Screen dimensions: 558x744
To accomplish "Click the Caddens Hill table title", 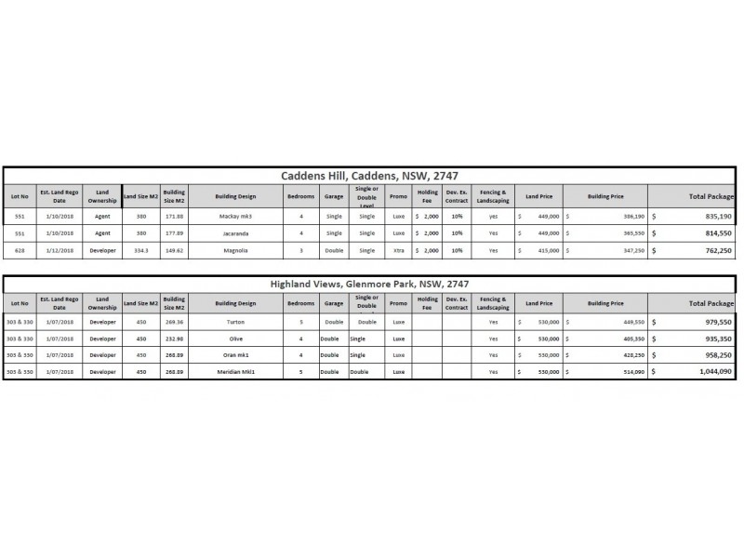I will point(370,175).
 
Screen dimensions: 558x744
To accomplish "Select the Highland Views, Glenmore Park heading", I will point(370,284).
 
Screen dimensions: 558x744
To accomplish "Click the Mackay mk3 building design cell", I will point(234,215).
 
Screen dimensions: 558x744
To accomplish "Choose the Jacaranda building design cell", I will point(234,232).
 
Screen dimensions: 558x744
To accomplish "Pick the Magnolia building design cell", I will point(234,250).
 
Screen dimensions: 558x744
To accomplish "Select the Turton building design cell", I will point(234,322).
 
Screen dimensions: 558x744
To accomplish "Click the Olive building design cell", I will point(234,339).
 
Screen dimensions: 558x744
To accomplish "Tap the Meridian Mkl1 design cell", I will point(234,371).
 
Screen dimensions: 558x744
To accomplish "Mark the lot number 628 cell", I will point(20,250).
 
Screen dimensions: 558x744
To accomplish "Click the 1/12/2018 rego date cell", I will point(60,250).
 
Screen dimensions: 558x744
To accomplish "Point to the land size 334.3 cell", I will point(140,250).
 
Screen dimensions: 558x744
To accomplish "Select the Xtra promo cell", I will point(398,250).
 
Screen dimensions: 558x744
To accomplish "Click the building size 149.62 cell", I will point(174,250).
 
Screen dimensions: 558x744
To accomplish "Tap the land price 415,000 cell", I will point(538,250).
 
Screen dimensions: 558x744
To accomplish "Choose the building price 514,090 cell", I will point(604,371).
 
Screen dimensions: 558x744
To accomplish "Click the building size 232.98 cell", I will point(174,339).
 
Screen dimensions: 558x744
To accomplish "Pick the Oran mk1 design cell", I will point(234,355).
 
